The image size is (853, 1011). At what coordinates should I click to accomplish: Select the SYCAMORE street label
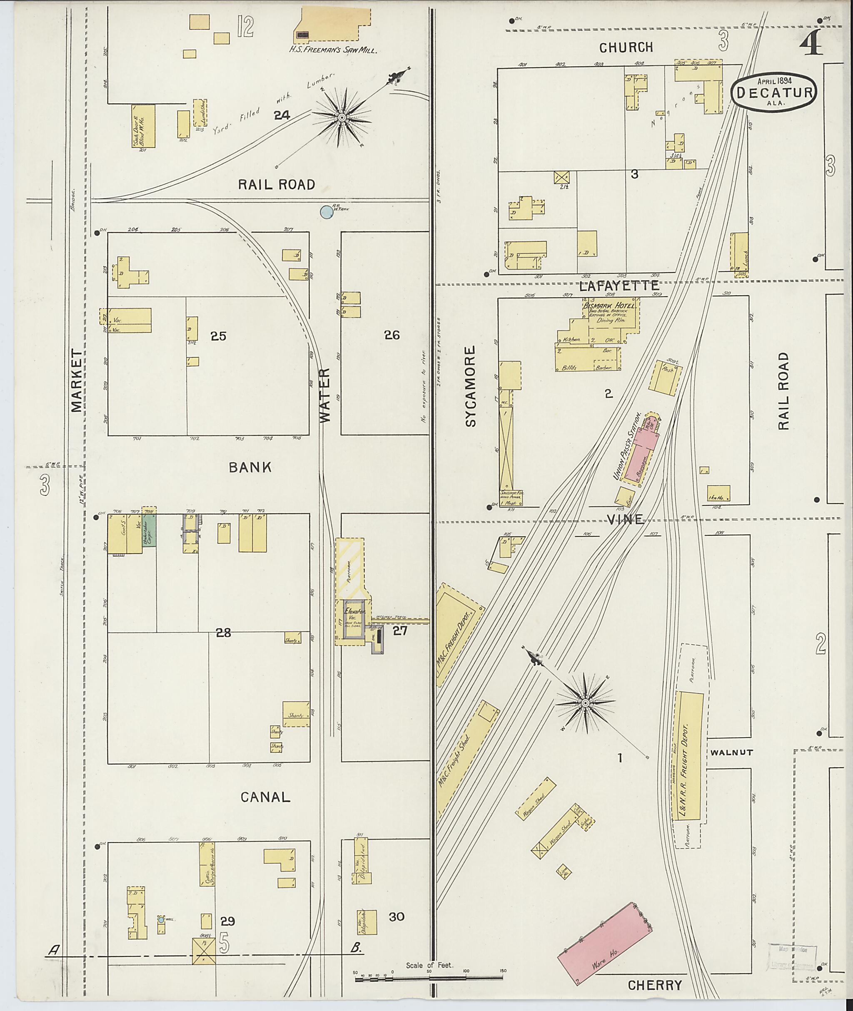(471, 386)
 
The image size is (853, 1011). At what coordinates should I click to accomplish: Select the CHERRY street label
(654, 986)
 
